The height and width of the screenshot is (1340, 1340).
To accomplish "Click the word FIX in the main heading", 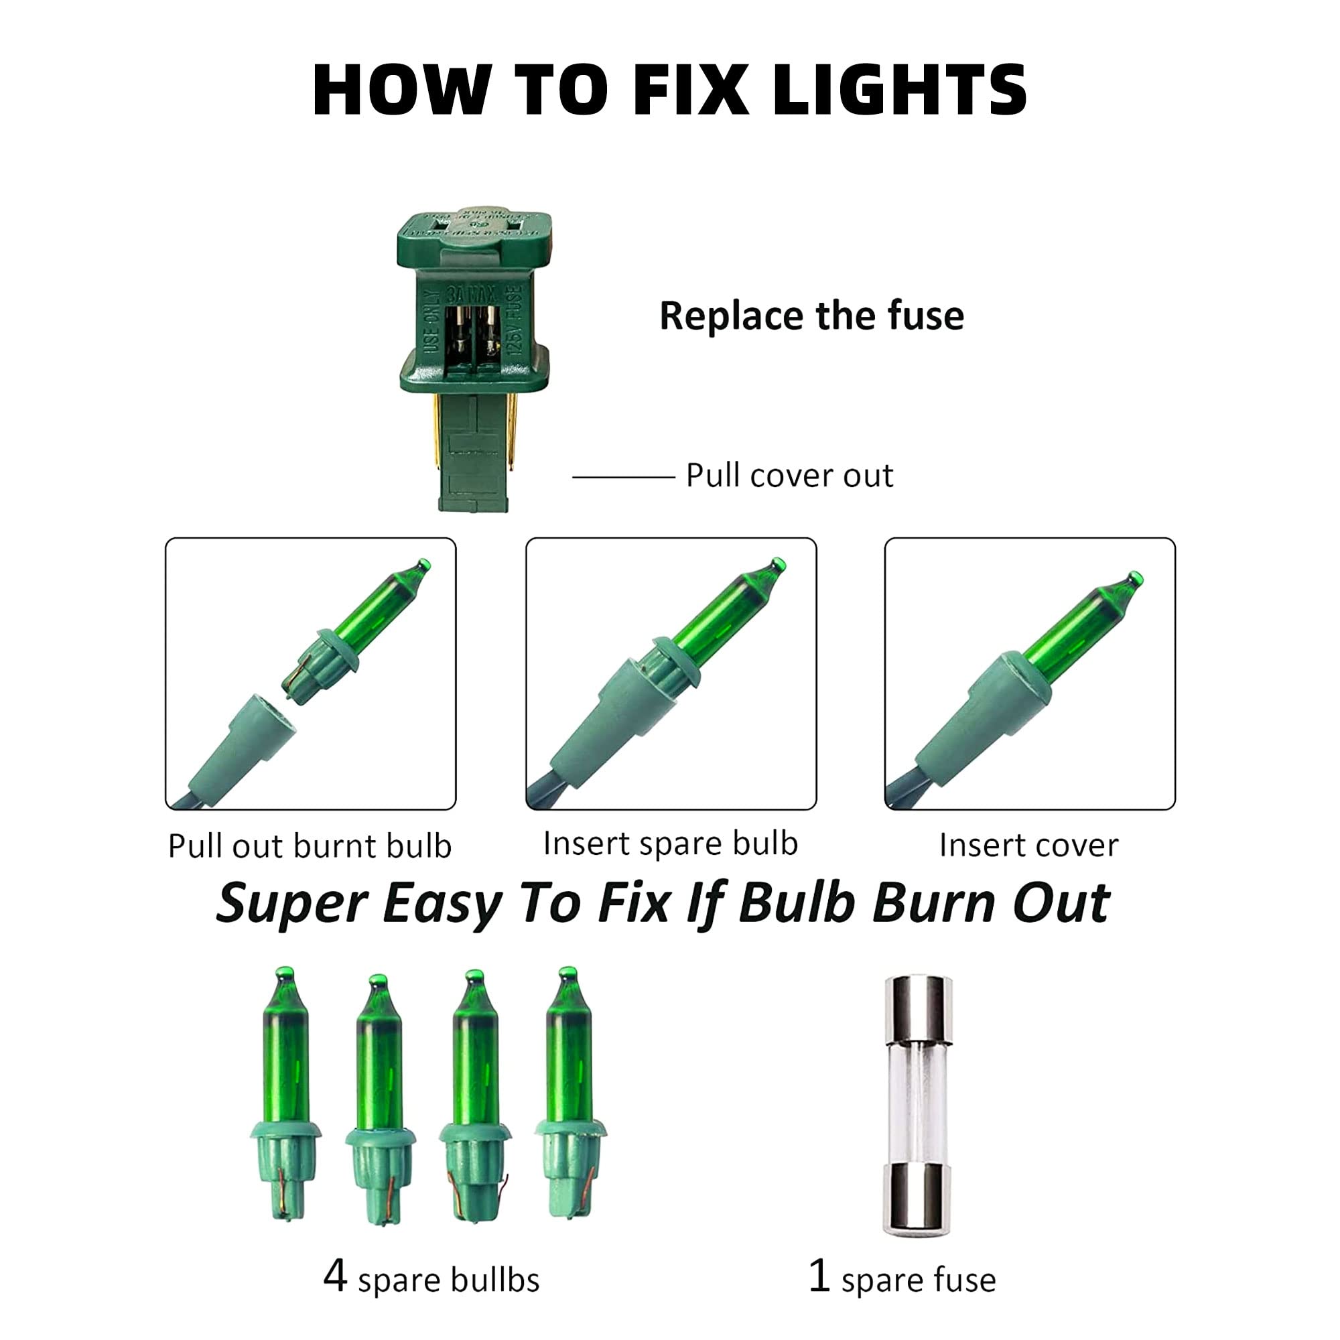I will tap(691, 90).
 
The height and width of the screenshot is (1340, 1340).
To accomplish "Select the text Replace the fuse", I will tap(811, 316).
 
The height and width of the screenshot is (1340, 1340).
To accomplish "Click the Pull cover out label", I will tap(789, 476).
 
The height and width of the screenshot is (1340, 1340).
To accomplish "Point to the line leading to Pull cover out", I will tap(623, 477).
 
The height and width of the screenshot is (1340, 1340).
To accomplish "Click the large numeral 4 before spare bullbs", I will tap(335, 1276).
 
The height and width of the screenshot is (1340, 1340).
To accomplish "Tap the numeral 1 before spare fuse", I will tap(819, 1276).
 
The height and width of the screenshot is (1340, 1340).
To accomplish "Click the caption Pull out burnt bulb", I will tap(310, 846).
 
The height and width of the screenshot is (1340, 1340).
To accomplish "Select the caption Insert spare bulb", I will tap(670, 844).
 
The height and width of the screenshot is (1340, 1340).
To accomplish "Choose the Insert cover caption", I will tap(1028, 846).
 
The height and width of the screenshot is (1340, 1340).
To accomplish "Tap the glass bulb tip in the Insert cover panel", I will tap(1135, 578).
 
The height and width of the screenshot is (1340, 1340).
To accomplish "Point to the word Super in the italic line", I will tap(291, 904).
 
